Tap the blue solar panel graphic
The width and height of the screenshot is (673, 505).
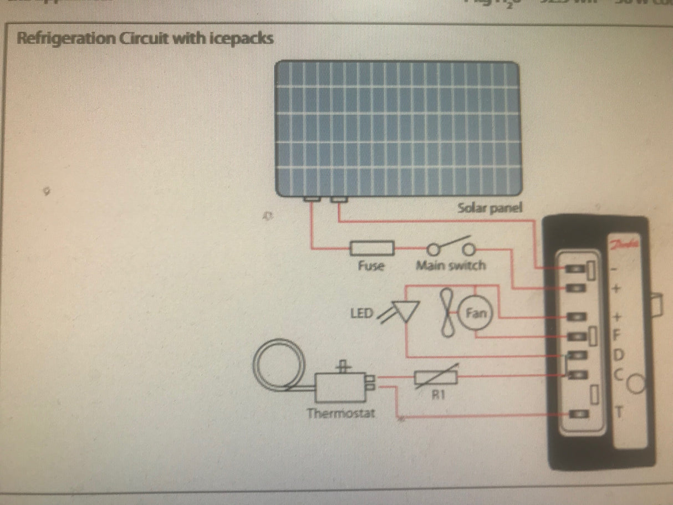pos(398,128)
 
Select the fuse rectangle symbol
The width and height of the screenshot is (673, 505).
pos(372,248)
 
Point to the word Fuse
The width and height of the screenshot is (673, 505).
pos(371,266)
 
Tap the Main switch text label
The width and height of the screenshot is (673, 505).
pos(450,266)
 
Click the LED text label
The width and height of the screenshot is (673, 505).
pos(361,314)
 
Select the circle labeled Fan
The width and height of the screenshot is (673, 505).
pos(476,314)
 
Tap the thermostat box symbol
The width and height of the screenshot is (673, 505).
pos(340,386)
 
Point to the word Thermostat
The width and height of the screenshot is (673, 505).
pos(341,413)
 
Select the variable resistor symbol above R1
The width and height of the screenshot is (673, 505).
pos(436,378)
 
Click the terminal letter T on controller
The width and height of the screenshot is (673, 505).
pos(621,412)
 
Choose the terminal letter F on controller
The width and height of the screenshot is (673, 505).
pos(620,335)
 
